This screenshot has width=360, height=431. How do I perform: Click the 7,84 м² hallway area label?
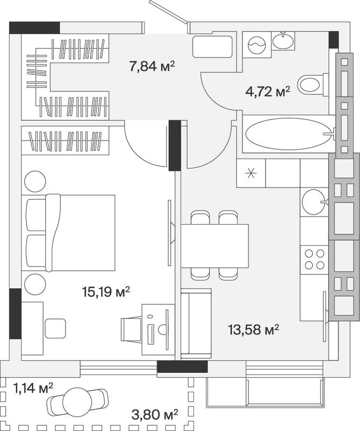(x=152, y=66)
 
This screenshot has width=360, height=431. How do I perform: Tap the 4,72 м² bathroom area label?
(x=268, y=92)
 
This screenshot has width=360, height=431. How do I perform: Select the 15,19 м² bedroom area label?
(x=106, y=291)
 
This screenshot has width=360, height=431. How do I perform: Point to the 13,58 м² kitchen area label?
(x=254, y=330)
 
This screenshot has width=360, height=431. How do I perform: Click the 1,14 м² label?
(x=33, y=388)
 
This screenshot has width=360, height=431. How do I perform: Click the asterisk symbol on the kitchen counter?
(x=251, y=173)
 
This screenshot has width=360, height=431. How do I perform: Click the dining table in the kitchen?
(x=215, y=246)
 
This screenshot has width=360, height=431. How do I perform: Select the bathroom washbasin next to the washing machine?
(x=283, y=40)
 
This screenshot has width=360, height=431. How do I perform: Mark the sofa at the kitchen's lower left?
(x=196, y=324)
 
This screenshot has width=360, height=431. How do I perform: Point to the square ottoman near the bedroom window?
(x=56, y=328)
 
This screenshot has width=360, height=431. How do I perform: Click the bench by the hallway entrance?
(x=212, y=46)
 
